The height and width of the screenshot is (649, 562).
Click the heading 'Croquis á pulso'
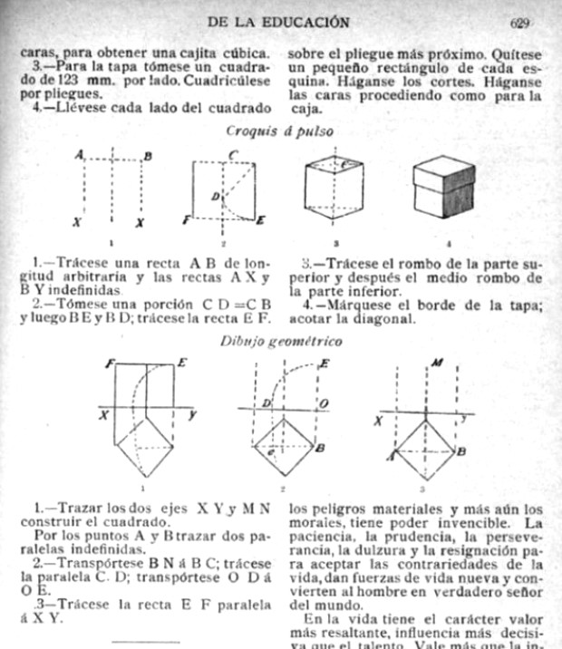280,130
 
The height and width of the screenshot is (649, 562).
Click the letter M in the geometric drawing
437,364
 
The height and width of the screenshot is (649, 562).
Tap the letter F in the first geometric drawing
108,362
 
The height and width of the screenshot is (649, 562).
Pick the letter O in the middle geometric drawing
323,402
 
